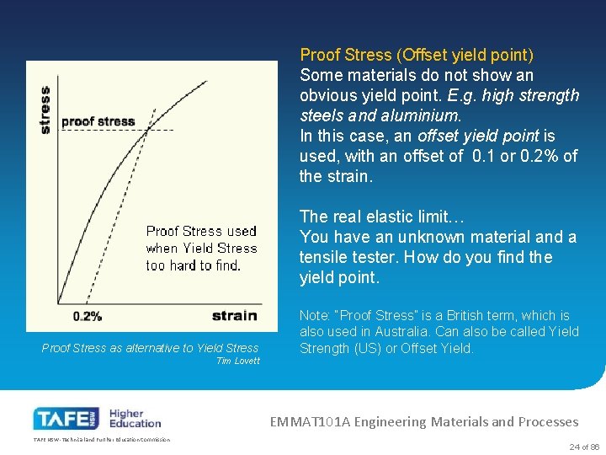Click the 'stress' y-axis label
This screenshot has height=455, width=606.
45,110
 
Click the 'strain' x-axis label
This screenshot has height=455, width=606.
234,315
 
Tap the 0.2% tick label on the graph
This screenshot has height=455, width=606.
88,316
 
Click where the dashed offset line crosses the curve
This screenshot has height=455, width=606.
147,130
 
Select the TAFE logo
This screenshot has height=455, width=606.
65,418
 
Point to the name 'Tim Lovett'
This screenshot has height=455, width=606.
238,361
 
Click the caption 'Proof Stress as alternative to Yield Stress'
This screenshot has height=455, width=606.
150,348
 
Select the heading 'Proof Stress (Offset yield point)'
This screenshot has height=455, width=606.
417,55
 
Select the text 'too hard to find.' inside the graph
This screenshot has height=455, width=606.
193,265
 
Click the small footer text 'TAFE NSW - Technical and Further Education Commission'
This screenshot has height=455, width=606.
101,440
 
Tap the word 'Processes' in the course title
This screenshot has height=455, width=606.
547,421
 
